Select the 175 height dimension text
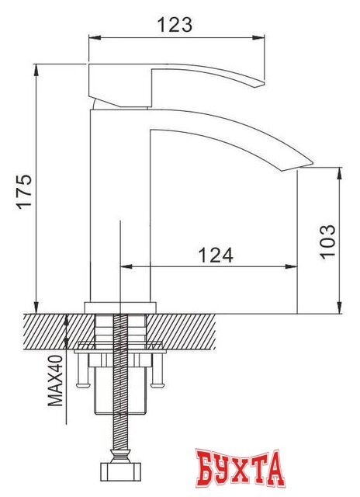[x=24, y=189]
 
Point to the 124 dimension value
[x=215, y=253]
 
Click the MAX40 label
[x=55, y=380]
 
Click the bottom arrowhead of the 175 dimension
[x=37, y=308]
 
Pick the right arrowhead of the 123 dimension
[x=261, y=36]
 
